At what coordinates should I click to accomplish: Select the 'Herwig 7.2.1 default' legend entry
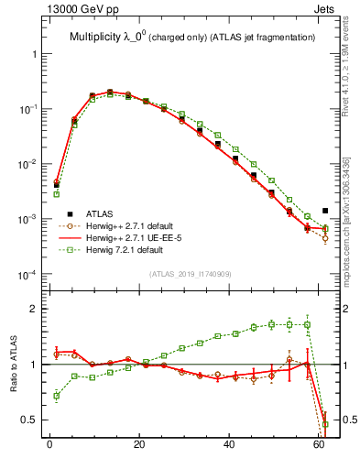pos(132,250)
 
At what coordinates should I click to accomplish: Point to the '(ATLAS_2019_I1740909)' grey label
pos(191,274)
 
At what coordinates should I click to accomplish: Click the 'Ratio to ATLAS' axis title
pos(14,364)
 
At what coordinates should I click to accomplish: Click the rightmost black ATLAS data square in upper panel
pos(325,212)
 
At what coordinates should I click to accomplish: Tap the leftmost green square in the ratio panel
pos(57,396)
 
